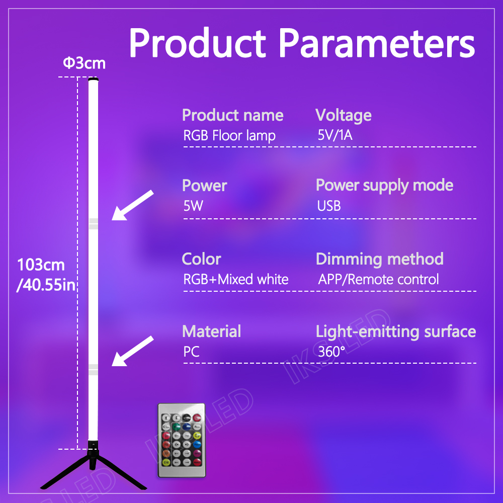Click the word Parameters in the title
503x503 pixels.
point(377,42)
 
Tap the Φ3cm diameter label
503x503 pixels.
point(85,63)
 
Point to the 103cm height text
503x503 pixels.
point(41,265)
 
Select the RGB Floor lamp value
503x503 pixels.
point(229,135)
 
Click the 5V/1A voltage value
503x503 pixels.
point(335,135)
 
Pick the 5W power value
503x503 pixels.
point(193,206)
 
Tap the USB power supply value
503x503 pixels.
point(329,206)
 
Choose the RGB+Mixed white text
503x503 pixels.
point(236,279)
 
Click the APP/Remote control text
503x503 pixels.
point(378,279)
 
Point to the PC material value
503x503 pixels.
point(192,352)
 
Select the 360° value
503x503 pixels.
point(331,352)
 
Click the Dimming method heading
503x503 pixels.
point(380,259)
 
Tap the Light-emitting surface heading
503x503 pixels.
point(396,331)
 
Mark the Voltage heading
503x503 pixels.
point(343,115)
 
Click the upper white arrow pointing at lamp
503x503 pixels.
point(132,205)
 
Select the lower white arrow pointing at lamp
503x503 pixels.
point(132,351)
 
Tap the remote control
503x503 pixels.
point(182,440)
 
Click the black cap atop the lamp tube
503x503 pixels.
point(93,79)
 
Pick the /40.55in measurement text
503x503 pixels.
point(46,285)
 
